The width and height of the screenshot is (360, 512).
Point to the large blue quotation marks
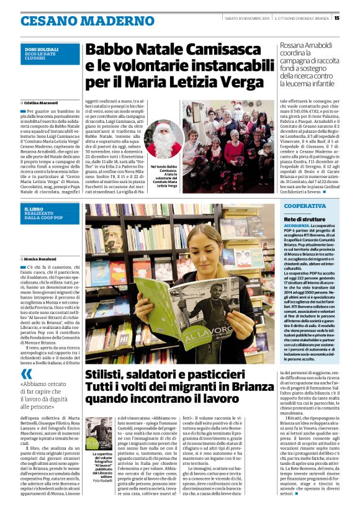26,374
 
